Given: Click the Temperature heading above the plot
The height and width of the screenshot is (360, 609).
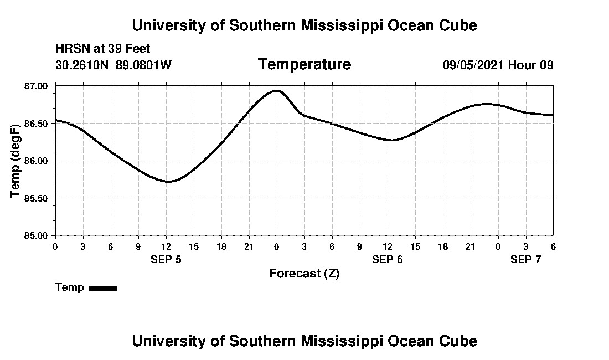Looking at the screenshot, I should [x=304, y=64].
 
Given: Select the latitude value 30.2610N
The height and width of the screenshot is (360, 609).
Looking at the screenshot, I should [x=82, y=65].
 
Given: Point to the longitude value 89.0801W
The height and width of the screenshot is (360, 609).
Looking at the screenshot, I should [x=143, y=65].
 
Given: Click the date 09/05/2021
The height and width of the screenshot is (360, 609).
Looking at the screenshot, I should [x=473, y=65].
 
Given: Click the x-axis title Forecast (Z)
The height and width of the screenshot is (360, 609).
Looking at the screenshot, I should [x=304, y=274].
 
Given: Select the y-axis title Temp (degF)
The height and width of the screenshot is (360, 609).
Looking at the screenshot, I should [x=16, y=161].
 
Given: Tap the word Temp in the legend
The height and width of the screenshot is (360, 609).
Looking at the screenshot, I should [x=70, y=287].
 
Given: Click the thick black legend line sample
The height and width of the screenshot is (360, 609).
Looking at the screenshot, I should [x=103, y=288].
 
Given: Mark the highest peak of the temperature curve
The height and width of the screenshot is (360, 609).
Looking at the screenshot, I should [x=277, y=90].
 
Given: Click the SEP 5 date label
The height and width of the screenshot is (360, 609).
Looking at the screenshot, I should [x=166, y=259].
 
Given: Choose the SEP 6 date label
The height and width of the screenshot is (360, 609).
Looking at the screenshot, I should [x=387, y=259].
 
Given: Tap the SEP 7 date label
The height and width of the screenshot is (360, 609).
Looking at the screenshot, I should [x=525, y=259].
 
